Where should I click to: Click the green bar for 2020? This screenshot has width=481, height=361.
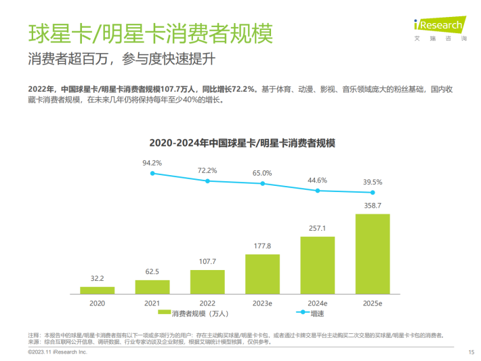tap(97, 290)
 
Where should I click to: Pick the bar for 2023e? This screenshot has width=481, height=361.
tap(262, 274)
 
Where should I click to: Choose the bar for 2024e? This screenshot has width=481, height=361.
tap(318, 265)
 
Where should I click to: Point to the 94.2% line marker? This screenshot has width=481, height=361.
tap(152, 174)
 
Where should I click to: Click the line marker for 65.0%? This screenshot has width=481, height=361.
tap(262, 183)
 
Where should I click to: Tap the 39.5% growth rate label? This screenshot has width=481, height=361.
tap(373, 182)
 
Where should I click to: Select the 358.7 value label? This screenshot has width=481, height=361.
tap(373, 205)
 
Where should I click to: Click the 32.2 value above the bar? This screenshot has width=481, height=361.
tap(97, 278)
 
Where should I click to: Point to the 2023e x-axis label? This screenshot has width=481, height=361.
tap(262, 303)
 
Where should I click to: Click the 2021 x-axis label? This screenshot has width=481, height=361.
tap(152, 303)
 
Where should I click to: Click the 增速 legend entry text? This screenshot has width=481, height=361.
tap(317, 313)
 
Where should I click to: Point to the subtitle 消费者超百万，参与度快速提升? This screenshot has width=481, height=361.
tap(121, 59)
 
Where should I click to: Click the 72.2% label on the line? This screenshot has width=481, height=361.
tap(207, 170)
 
